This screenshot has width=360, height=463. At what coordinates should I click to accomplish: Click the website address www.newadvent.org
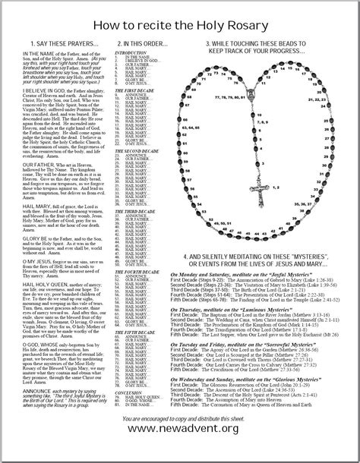click(180, 450)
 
